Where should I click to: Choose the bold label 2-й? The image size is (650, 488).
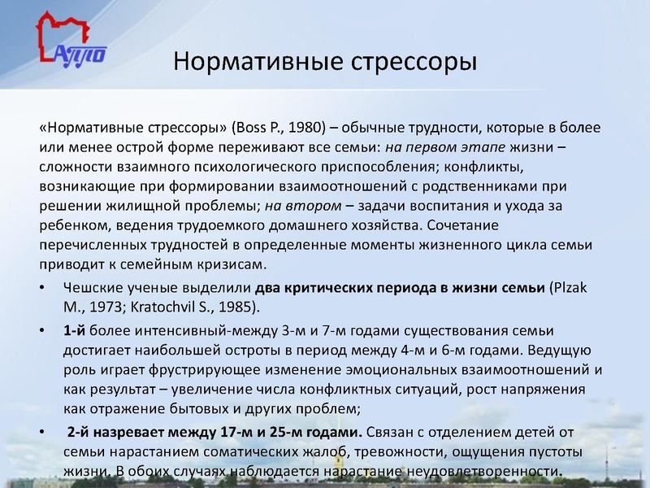pyautogui.click(x=81, y=431)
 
